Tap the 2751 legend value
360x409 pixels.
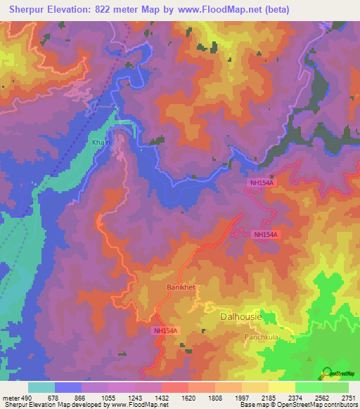tap(348, 398)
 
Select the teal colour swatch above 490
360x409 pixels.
tap(41, 387)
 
